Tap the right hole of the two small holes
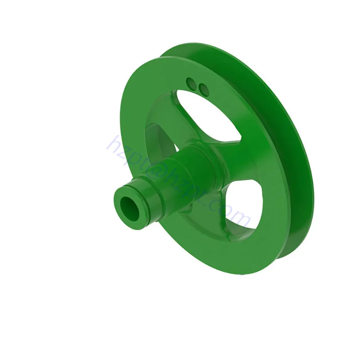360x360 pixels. point(204,90)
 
